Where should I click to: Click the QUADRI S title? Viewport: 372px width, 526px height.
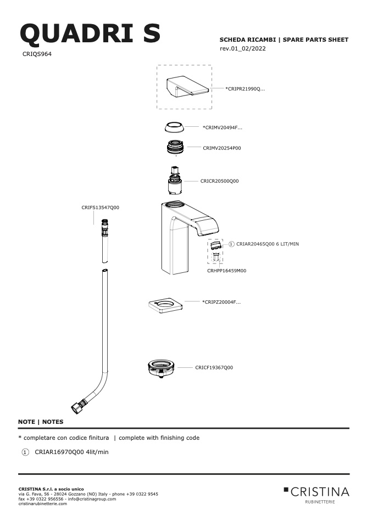tap(90, 33)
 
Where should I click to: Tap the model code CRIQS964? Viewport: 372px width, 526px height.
tap(37, 54)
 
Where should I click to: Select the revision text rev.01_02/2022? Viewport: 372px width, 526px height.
tap(243, 48)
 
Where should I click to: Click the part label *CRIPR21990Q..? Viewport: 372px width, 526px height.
tap(245, 89)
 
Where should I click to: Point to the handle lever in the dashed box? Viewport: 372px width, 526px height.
tap(187, 86)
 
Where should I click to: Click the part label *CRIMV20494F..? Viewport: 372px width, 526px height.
tap(222, 127)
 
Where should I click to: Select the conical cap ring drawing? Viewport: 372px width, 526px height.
tap(174, 127)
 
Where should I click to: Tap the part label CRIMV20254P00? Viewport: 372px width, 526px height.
tap(222, 148)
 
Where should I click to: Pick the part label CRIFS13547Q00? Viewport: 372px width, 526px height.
tap(101, 208)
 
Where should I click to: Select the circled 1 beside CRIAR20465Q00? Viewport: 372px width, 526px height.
tap(231, 244)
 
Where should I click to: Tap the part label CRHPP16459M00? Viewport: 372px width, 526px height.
tap(226, 271)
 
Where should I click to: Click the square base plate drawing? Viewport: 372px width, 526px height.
tap(165, 306)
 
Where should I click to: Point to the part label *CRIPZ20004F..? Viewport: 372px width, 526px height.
tap(221, 302)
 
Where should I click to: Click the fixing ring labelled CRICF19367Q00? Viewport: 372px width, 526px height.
tap(162, 368)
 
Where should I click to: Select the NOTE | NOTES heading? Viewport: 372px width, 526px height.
tap(41, 422)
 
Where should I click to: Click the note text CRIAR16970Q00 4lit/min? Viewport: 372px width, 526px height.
tap(71, 452)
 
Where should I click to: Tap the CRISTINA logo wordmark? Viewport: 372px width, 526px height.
tap(320, 492)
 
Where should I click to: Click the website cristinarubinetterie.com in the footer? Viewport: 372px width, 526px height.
tap(43, 503)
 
